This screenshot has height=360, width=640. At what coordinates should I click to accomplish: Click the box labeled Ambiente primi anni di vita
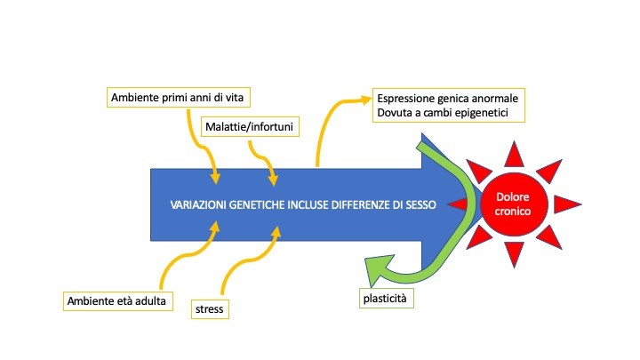coord(179,97)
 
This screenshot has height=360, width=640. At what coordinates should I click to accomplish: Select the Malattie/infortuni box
coord(250,126)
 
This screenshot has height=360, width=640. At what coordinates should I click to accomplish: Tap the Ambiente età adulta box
coord(117,300)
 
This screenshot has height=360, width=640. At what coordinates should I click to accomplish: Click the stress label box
coord(210,309)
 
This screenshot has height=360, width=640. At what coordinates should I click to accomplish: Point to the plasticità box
coord(386,299)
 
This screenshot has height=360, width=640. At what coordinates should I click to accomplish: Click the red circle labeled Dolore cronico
coord(513,204)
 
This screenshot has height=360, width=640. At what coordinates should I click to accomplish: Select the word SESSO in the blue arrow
coord(420,204)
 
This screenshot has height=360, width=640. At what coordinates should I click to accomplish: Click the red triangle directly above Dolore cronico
coord(514,155)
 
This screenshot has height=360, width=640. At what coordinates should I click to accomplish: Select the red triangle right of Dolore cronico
coord(567,204)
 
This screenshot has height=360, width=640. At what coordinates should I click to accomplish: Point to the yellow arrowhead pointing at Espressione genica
coord(364,100)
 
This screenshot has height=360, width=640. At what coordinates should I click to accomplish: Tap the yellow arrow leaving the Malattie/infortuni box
coord(264,161)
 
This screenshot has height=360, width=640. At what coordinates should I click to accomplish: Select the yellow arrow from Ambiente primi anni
coord(201,148)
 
